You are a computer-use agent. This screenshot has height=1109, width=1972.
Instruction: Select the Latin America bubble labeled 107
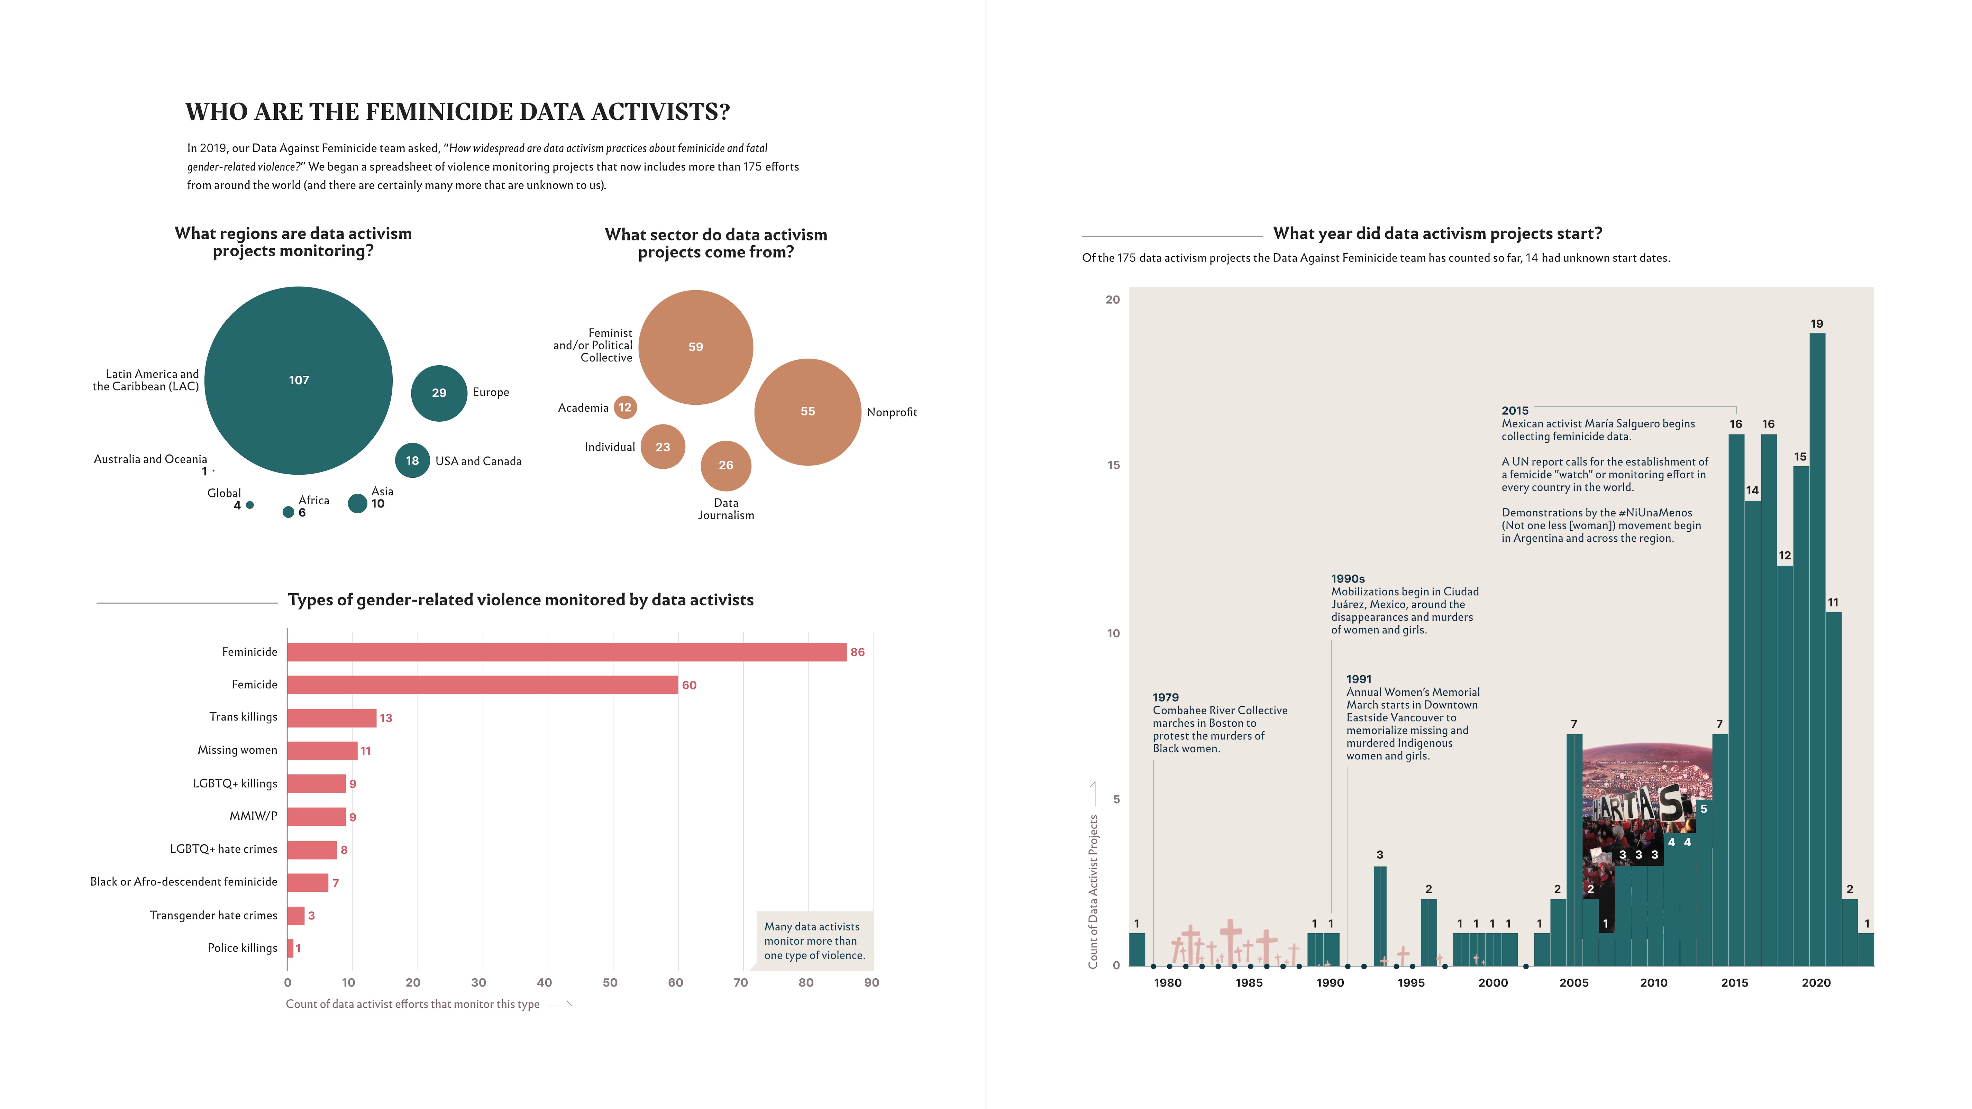299,381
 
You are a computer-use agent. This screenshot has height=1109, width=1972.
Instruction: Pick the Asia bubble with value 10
357,503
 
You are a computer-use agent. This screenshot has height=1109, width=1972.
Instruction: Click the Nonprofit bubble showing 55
807,412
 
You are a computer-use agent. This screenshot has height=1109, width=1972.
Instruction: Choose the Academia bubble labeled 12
625,407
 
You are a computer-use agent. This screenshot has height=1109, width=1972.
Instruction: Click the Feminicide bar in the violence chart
566,652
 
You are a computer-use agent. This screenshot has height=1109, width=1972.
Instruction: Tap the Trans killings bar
331,718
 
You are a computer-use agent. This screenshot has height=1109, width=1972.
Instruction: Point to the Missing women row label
237,750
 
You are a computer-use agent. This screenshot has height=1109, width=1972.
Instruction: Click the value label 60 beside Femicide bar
689,685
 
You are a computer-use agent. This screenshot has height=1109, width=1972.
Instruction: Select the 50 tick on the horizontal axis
610,983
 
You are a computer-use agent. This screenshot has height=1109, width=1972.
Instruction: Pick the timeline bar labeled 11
1833,788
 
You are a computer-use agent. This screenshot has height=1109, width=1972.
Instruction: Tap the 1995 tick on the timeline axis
1411,983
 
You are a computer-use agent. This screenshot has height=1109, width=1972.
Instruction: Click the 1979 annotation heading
1165,697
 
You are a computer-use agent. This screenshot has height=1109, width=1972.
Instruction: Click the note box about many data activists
814,941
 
